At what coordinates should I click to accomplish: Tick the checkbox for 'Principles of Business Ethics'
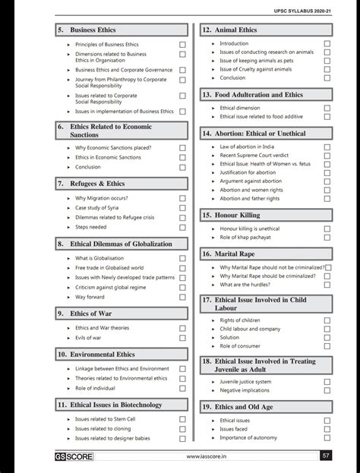click(182, 45)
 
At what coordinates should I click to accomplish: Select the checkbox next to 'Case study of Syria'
click(182, 207)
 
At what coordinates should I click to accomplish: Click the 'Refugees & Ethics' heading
click(97, 184)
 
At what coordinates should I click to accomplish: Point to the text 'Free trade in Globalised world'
click(109, 268)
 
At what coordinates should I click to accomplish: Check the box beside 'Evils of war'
click(182, 338)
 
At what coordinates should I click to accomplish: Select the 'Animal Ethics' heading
click(236, 30)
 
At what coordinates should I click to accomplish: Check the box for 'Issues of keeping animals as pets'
click(327, 61)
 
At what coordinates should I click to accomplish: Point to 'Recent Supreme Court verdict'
click(254, 156)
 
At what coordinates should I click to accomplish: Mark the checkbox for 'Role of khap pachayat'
click(327, 238)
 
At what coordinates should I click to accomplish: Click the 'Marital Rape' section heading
click(237, 253)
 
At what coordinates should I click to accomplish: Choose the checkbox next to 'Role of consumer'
click(327, 346)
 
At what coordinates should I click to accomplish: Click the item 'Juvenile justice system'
click(245, 382)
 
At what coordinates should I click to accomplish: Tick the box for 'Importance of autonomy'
click(327, 438)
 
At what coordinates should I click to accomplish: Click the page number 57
click(326, 456)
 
